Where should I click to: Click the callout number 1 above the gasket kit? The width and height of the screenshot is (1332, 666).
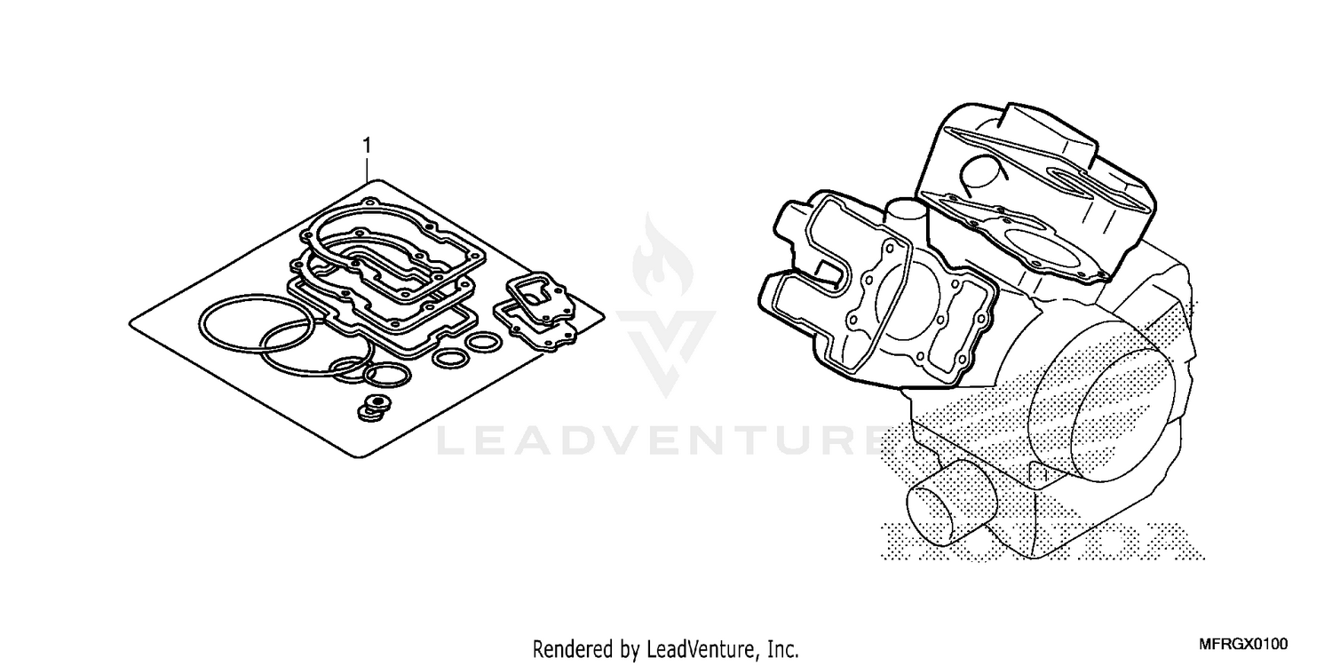point(367,144)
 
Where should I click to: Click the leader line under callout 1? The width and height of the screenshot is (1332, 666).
point(367,167)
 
